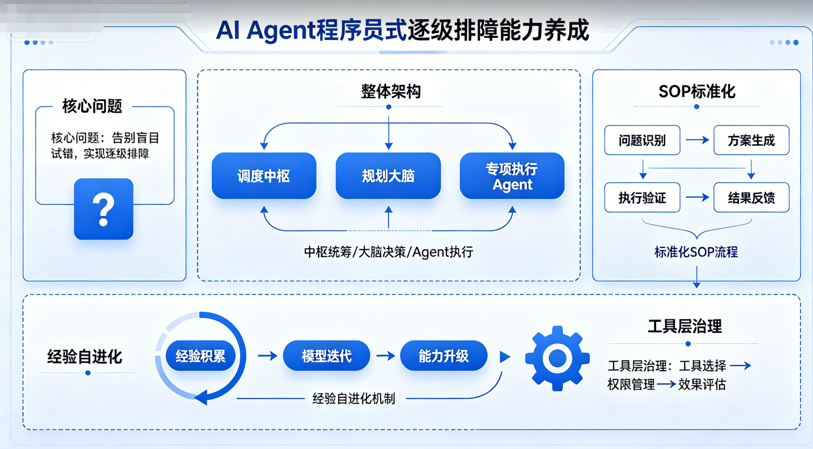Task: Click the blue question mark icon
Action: [x=104, y=209]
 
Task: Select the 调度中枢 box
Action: [x=264, y=176]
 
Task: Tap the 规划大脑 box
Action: [x=388, y=176]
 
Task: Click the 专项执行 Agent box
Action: [x=512, y=176]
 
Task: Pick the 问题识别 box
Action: [x=642, y=140]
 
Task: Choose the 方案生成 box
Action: [x=751, y=140]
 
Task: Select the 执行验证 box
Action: [x=642, y=198]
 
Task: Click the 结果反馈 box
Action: [x=751, y=198]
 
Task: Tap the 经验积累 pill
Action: [x=200, y=356]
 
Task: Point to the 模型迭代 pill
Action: [x=326, y=356]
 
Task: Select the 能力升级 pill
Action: [x=443, y=356]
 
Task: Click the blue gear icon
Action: [x=557, y=359]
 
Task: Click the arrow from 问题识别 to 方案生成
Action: [x=697, y=140]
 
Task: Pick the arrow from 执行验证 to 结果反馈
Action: [x=697, y=198]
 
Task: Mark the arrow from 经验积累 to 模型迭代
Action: [x=268, y=356]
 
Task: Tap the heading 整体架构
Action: [x=391, y=92]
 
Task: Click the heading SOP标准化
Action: [x=697, y=92]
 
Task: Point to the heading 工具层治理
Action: [x=685, y=326]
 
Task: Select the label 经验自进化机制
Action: [x=354, y=399]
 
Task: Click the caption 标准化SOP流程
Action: [x=696, y=252]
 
